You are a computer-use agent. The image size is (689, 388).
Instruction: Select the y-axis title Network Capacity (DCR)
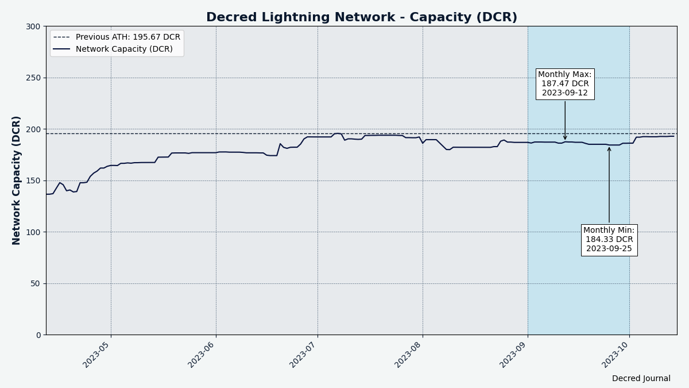pyautogui.click(x=17, y=180)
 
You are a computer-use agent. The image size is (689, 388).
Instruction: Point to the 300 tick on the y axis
pyautogui.click(x=33, y=26)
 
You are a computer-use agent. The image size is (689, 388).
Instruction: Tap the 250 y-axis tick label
pyautogui.click(x=33, y=78)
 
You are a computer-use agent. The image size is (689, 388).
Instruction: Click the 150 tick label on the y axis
pyautogui.click(x=33, y=180)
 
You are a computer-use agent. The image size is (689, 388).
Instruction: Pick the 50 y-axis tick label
pyautogui.click(x=36, y=283)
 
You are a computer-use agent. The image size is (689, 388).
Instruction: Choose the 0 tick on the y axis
pyautogui.click(x=38, y=335)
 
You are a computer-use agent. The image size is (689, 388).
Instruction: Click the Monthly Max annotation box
pyautogui.click(x=565, y=84)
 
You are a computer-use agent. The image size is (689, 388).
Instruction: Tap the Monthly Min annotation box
pyautogui.click(x=609, y=240)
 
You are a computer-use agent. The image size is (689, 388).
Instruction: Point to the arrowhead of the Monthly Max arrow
pyautogui.click(x=565, y=139)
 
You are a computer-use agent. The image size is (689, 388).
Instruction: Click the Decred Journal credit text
pyautogui.click(x=641, y=378)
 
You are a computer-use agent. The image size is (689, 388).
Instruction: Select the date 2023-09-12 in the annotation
pyautogui.click(x=565, y=93)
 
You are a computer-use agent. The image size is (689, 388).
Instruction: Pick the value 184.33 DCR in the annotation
pyautogui.click(x=609, y=240)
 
